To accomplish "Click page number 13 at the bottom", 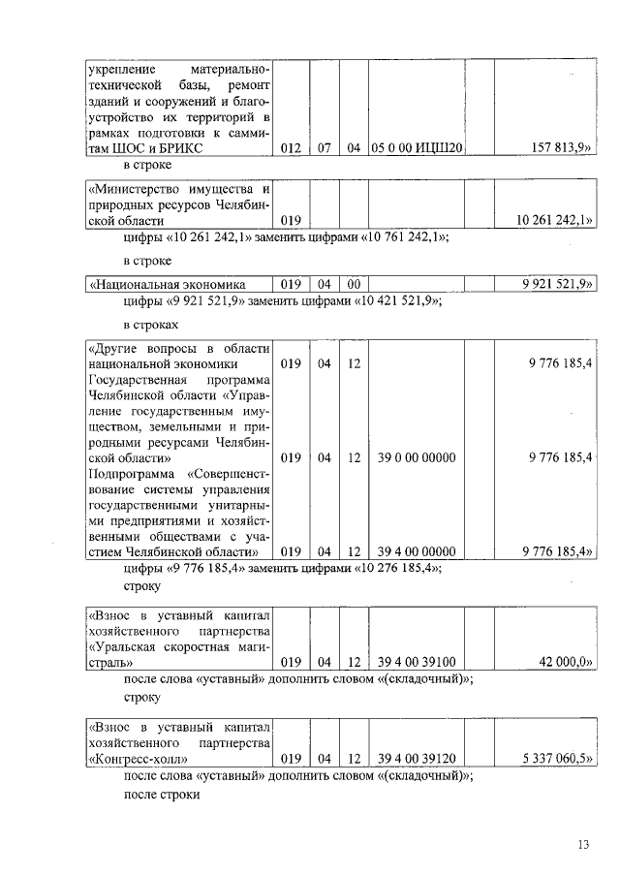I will (583, 845).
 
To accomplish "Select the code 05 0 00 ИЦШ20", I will (418, 148).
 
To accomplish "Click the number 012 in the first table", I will (291, 148).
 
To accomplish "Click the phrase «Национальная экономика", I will (166, 284).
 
